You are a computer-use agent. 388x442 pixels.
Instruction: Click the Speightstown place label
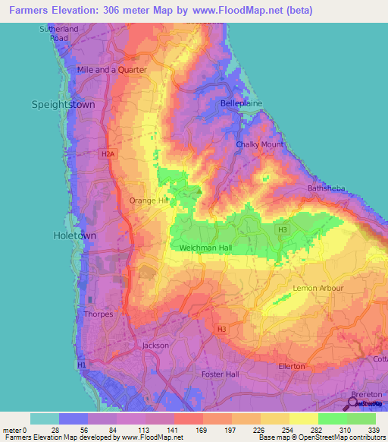point(63,105)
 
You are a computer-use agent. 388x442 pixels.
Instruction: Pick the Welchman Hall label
point(210,248)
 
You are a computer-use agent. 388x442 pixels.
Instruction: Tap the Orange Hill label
point(149,200)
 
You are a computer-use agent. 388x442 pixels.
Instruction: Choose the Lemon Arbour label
point(318,289)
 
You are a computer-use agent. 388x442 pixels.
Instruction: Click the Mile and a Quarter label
point(111,69)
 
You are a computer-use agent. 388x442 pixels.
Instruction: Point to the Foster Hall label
point(221,374)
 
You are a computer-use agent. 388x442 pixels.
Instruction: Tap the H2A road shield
point(108,153)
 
